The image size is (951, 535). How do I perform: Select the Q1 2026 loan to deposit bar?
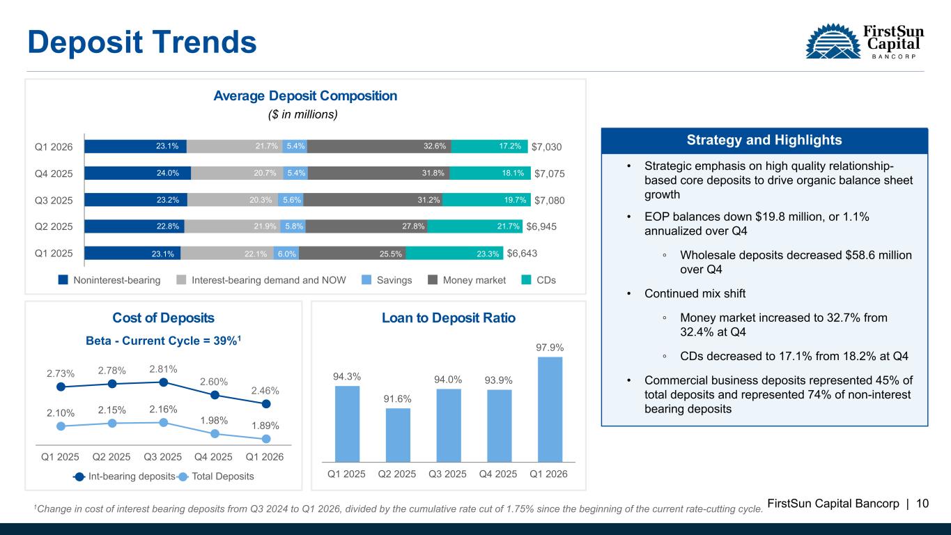pos(549,409)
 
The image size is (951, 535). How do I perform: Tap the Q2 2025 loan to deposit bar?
pos(398,434)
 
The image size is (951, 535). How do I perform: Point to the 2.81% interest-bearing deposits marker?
pos(163,382)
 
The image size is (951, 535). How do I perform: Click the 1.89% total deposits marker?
pos(266,439)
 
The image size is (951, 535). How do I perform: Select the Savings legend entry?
pos(388,280)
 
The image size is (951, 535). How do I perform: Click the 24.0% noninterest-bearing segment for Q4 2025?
pos(137,173)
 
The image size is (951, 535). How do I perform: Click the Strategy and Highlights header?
pos(764,140)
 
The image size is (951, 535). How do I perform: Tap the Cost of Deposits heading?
pos(163,318)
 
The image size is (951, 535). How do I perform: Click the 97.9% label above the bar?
pos(550,347)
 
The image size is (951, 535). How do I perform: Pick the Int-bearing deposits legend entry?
pos(123,476)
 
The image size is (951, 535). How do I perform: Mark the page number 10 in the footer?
pos(922,503)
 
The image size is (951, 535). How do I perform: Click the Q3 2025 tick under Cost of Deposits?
pos(163,458)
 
